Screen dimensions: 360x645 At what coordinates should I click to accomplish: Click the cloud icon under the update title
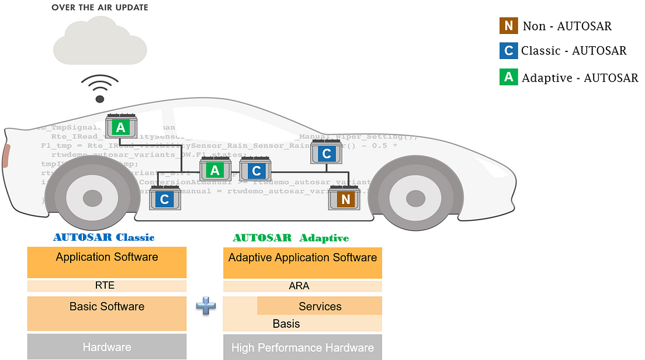99,44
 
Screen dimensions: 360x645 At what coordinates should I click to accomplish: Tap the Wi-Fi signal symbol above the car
100,86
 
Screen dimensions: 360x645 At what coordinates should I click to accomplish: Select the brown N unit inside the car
345,199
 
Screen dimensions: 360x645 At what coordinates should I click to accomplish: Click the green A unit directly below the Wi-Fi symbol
120,127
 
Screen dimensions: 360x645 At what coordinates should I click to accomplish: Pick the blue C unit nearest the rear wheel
164,199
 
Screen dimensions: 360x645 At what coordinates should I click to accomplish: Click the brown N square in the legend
508,26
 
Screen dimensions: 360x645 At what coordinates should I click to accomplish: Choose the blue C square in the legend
508,51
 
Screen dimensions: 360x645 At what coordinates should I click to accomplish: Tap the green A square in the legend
508,77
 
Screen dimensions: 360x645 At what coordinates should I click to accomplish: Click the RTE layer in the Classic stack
107,286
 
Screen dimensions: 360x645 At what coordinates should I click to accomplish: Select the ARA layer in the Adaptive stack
303,286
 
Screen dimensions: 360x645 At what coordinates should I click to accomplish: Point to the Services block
320,306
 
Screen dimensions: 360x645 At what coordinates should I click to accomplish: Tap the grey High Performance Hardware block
303,347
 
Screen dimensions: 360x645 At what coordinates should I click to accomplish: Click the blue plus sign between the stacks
205,306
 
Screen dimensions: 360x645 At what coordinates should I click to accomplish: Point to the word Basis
286,324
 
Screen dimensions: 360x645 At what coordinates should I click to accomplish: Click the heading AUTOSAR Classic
104,238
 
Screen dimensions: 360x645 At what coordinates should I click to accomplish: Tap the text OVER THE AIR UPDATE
100,8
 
